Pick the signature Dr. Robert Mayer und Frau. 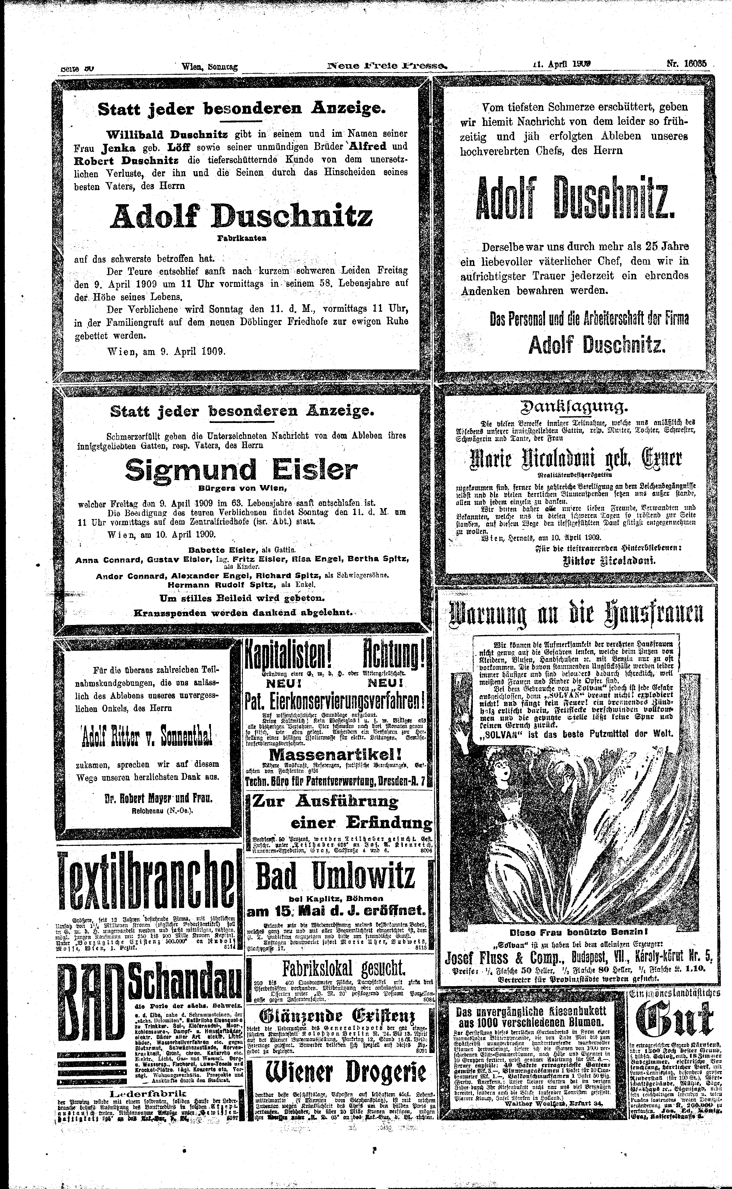pyautogui.click(x=152, y=798)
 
